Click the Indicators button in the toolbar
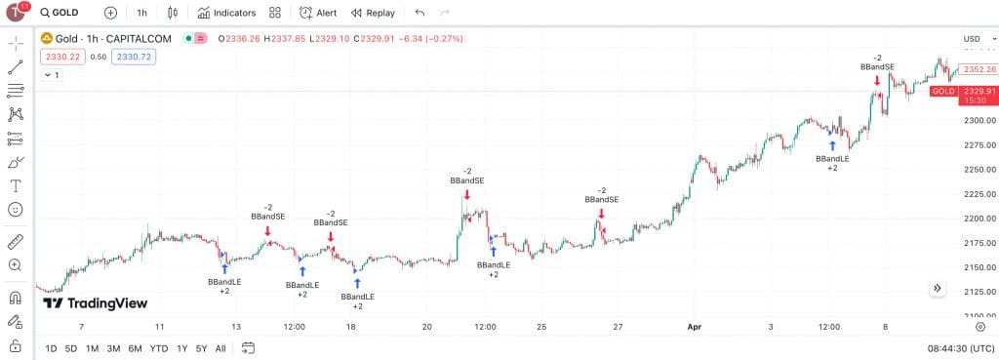point(227,13)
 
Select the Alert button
point(318,13)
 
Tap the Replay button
point(373,13)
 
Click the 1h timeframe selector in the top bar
point(141,13)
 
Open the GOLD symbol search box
point(60,13)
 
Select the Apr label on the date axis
point(694,327)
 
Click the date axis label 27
point(618,327)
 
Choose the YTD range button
point(159,348)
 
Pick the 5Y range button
point(201,348)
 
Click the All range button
point(220,348)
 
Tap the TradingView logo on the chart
point(96,303)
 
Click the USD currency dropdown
point(974,39)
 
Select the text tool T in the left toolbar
point(16,186)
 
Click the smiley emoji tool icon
point(16,210)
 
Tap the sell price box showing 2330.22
point(60,57)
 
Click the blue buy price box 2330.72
point(134,57)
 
